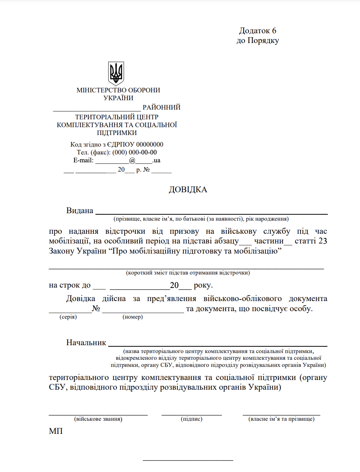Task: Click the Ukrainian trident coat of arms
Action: (x=116, y=73)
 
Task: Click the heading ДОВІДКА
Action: (x=188, y=190)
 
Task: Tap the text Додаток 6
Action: (x=257, y=31)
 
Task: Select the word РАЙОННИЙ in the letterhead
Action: (x=161, y=107)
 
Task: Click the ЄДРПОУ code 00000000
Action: (x=150, y=144)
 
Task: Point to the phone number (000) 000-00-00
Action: (x=134, y=152)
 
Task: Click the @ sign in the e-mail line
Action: (x=132, y=160)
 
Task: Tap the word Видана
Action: (x=80, y=211)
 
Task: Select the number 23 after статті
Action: (x=323, y=241)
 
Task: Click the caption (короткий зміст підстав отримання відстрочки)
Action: (x=188, y=273)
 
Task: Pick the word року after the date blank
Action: (x=203, y=285)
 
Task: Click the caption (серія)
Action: (x=68, y=317)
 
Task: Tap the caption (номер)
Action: (x=132, y=317)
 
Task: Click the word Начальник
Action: (x=86, y=343)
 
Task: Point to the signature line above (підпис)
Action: (x=192, y=414)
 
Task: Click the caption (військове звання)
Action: (x=98, y=419)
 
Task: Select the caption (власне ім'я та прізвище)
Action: (x=281, y=419)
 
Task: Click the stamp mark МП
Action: (x=56, y=431)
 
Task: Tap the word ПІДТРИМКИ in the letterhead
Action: (x=117, y=133)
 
